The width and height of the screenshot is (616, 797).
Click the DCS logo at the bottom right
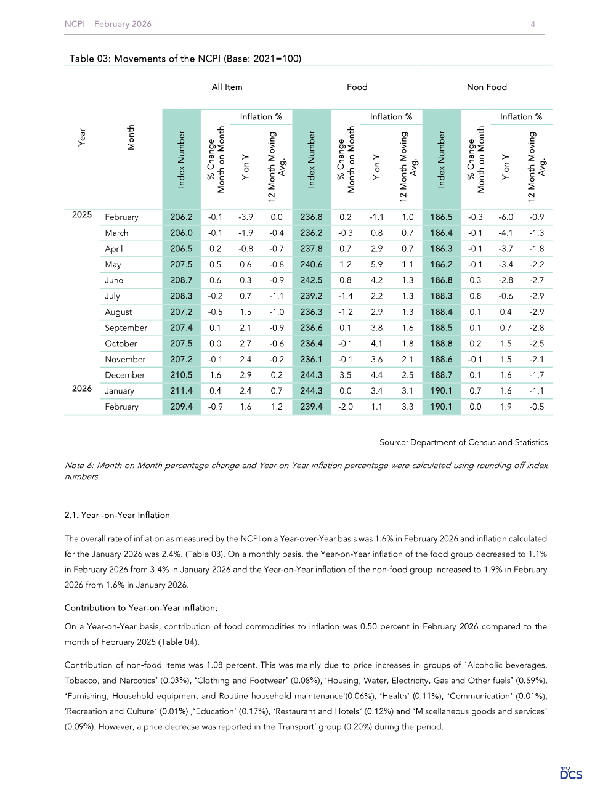point(571,774)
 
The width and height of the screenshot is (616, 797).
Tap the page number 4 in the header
point(533,24)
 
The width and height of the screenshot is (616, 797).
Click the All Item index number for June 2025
point(182,280)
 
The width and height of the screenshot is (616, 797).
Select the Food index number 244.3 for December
point(311,375)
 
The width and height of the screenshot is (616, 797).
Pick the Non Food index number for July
point(441,296)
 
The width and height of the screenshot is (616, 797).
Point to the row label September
point(126,328)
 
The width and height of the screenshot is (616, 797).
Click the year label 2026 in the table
point(82,389)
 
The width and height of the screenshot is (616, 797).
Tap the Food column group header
point(357,87)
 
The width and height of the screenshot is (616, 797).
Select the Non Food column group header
point(487,87)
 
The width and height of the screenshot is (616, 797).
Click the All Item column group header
point(227,87)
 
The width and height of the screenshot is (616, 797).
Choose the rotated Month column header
point(131,137)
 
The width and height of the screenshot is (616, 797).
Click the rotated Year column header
point(82,137)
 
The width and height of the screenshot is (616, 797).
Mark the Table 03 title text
point(185,59)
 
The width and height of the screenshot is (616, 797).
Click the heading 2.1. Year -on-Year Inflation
point(117,515)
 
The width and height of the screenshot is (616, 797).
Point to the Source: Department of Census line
point(463,442)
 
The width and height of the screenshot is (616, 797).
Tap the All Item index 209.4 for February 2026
point(182,407)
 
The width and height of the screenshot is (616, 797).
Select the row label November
point(125,359)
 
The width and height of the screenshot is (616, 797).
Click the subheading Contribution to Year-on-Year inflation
point(141,608)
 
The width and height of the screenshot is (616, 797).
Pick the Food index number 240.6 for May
point(311,264)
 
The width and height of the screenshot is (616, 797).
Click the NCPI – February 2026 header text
point(108,24)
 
